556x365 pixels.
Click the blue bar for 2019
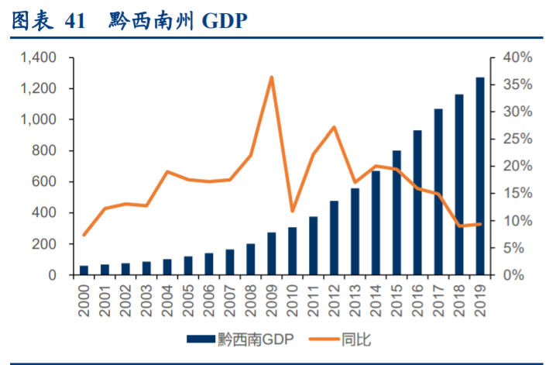tap(480, 177)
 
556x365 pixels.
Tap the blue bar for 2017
tap(438, 192)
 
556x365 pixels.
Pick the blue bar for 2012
tap(334, 238)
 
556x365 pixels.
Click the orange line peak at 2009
tap(271, 77)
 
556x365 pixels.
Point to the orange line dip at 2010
tap(292, 211)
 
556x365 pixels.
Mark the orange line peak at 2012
tap(334, 127)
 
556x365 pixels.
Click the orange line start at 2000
tap(84, 235)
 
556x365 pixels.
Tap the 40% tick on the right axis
tap(514, 57)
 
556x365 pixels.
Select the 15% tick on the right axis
tap(514, 194)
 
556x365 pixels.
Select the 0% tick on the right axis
tap(517, 275)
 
